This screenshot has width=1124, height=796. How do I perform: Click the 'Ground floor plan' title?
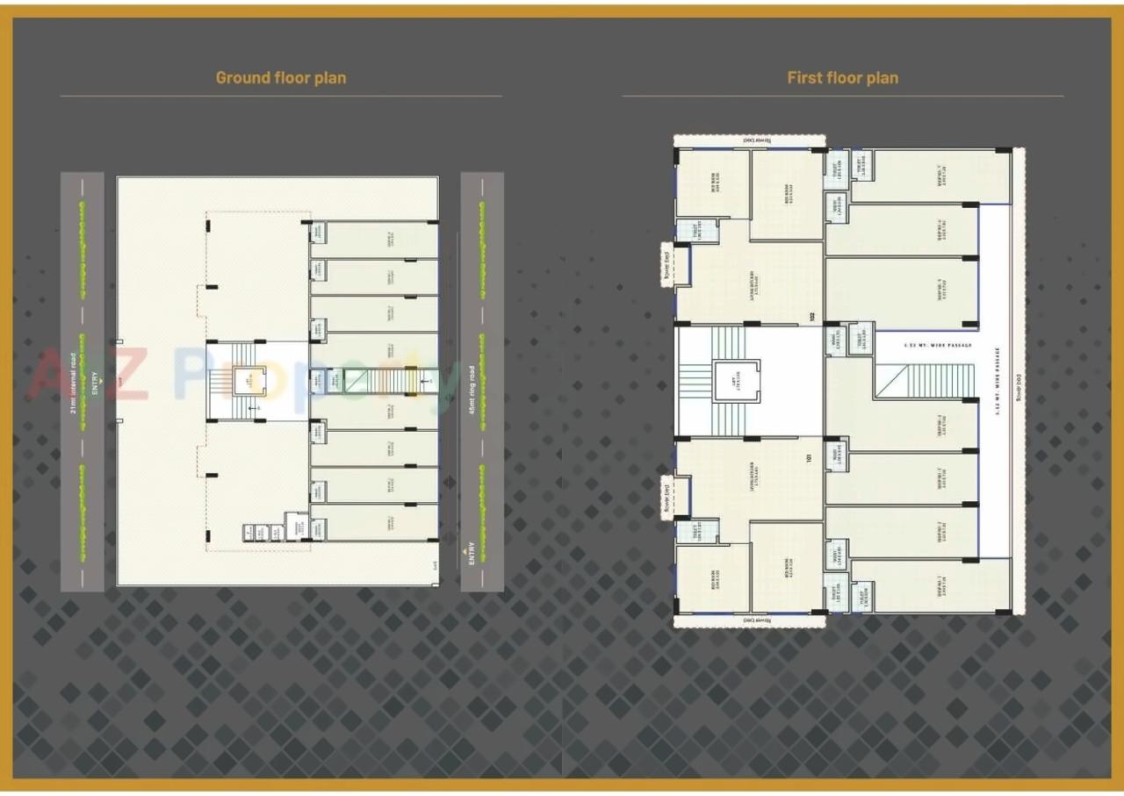coord(281,77)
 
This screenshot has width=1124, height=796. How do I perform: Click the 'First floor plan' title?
coord(842,77)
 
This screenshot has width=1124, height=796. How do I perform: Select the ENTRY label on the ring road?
coord(472,553)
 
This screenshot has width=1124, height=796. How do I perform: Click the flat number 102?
coord(813,319)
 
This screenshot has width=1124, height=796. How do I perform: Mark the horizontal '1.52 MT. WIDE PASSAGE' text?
coord(938,345)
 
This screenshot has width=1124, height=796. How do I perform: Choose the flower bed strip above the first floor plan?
coord(749,140)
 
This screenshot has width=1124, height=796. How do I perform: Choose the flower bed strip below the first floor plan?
coord(749,621)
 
